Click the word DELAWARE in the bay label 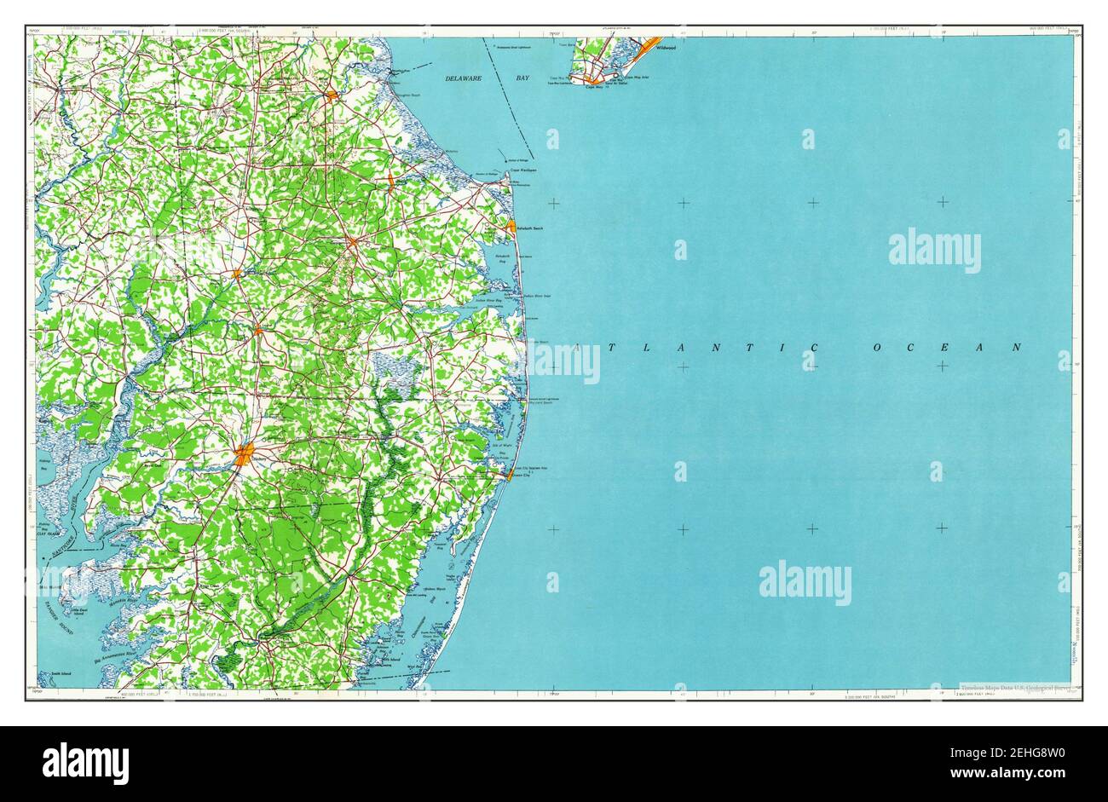point(464,78)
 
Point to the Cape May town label point(595,87)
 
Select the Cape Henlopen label point(522,170)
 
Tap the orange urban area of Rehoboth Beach point(511,227)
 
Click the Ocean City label point(520,476)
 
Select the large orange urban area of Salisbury point(244,455)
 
